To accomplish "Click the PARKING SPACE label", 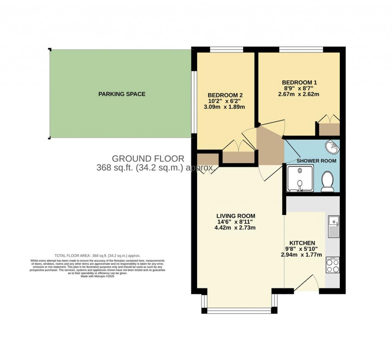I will (x=122, y=94).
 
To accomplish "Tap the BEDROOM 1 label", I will (x=299, y=82).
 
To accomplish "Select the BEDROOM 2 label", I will (x=225, y=95).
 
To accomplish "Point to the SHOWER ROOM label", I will (x=316, y=161).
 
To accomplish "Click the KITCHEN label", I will (x=302, y=243).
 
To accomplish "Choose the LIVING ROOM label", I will (x=235, y=216).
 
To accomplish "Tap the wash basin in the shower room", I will (x=332, y=146).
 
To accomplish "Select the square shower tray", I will (x=300, y=178).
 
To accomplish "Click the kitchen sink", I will (x=333, y=226).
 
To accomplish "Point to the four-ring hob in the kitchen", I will (x=332, y=265).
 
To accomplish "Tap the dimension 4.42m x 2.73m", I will (x=235, y=228).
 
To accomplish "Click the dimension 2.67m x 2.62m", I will (x=299, y=94).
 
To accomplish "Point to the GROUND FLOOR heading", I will (x=148, y=158).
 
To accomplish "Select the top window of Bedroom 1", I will (x=301, y=49).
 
